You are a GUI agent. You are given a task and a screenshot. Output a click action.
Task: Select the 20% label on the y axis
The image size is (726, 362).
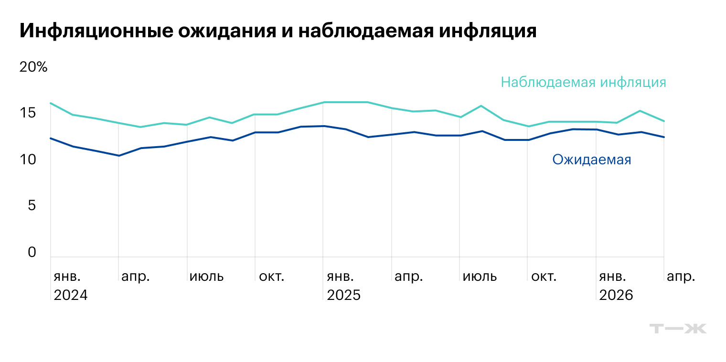tap(33, 67)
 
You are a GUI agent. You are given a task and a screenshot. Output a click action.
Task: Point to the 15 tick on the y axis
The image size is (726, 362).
tap(28, 113)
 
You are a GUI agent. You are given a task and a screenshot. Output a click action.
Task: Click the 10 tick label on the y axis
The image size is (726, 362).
tap(28, 160)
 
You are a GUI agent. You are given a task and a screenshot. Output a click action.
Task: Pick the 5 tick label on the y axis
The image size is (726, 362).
tap(32, 206)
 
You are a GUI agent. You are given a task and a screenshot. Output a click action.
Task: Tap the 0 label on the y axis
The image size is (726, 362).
tap(32, 252)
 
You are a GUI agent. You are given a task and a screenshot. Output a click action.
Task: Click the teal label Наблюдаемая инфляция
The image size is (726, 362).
tap(583, 82)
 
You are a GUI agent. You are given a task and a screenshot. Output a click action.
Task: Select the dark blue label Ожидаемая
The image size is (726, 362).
tap(591, 160)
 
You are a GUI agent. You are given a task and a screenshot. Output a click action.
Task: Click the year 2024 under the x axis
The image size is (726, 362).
tap(71, 295)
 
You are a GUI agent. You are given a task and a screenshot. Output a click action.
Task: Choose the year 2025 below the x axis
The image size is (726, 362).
tap(343, 295)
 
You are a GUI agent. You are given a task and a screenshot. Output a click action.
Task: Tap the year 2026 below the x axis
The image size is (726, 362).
tap(616, 295)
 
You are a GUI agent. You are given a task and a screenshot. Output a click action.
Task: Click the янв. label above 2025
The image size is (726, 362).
tap(340, 277)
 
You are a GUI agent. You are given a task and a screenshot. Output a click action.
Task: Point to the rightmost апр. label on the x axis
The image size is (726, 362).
tap(681, 277)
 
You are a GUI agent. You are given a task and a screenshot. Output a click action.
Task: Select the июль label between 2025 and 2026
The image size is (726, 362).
tap(480, 277)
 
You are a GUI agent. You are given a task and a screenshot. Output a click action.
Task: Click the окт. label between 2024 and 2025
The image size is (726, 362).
tap(271, 277)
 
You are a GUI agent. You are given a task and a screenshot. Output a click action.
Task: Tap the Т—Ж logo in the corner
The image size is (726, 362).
tap(678, 329)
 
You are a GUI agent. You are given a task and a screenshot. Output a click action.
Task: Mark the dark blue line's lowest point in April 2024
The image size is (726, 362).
tap(118, 156)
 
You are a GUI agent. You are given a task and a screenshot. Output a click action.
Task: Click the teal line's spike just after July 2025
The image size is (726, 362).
tap(481, 106)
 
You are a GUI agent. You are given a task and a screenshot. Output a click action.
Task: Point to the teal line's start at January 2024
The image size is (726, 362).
tap(51, 103)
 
